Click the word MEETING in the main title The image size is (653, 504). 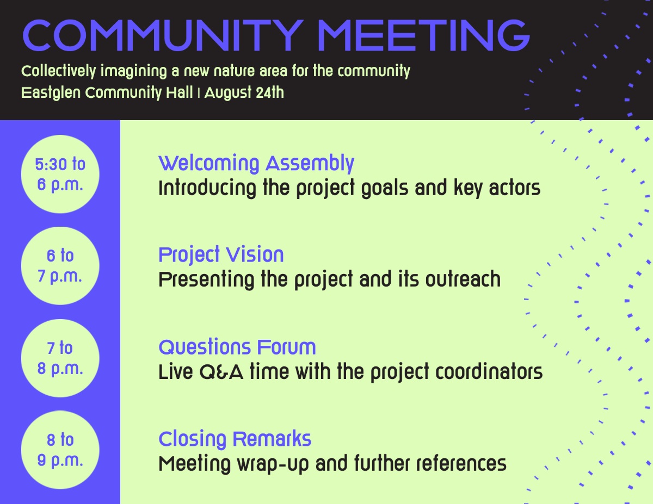[424, 35]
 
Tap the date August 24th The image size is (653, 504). [244, 92]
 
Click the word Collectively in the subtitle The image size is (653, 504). [59, 71]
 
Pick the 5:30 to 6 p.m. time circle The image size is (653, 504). [60, 174]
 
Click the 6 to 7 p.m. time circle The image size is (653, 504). [60, 266]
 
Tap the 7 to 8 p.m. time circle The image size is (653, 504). [60, 358]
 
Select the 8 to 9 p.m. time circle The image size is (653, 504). [60, 450]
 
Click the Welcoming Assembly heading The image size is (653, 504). [256, 164]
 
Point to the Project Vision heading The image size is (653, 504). [221, 255]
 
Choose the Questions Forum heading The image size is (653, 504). [237, 347]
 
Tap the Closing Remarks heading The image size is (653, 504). [235, 439]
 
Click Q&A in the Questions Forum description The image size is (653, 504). [221, 372]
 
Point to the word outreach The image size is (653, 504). [463, 279]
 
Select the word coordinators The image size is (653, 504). [489, 372]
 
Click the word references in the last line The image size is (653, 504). [461, 463]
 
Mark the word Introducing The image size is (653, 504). [207, 188]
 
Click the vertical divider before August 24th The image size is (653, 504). [199, 93]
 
